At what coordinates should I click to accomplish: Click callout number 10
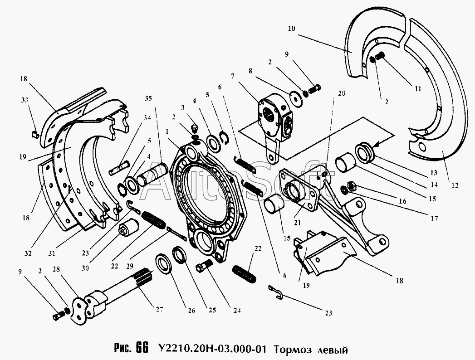click(x=291, y=29)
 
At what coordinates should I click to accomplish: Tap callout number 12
click(x=455, y=185)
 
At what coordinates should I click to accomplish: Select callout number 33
click(x=24, y=100)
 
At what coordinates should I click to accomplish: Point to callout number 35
click(x=148, y=98)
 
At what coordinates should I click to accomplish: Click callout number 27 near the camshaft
click(x=159, y=309)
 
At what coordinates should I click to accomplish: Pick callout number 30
click(x=85, y=268)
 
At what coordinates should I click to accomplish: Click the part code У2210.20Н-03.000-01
click(x=212, y=349)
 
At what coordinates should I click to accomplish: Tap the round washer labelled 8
click(x=296, y=98)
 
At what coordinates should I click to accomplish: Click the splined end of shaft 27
click(x=144, y=278)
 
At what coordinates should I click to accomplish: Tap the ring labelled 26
click(x=164, y=263)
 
